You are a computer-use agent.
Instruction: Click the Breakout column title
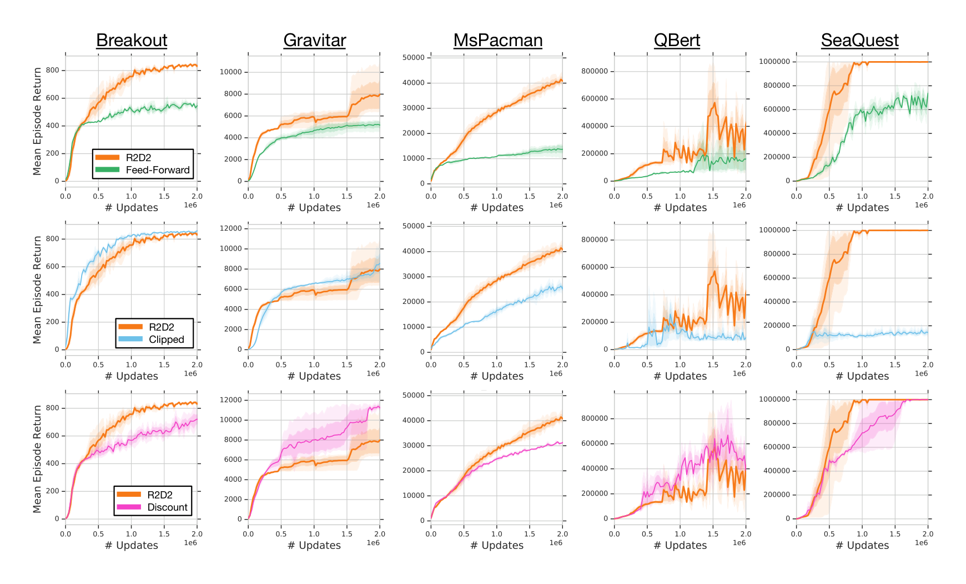132,40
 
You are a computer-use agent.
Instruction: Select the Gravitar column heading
314,40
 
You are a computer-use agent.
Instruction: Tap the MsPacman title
497,40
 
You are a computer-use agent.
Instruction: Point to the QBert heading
677,40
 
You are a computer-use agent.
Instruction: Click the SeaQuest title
859,40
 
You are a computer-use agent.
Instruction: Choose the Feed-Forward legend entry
157,170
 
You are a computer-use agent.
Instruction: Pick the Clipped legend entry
166,340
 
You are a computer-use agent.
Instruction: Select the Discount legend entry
167,507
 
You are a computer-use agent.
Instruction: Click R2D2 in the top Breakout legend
138,158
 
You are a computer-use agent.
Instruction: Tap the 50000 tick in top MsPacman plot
413,58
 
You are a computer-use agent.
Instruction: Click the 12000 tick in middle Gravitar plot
230,228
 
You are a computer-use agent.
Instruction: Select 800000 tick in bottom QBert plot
594,418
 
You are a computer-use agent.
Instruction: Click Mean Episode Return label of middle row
37,289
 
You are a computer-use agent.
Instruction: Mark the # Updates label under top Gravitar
314,207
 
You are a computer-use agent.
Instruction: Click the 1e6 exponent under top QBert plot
739,205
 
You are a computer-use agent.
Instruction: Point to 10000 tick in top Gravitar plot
230,72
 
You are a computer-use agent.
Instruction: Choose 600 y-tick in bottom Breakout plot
52,436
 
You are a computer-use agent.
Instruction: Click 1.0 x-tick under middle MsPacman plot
496,365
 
